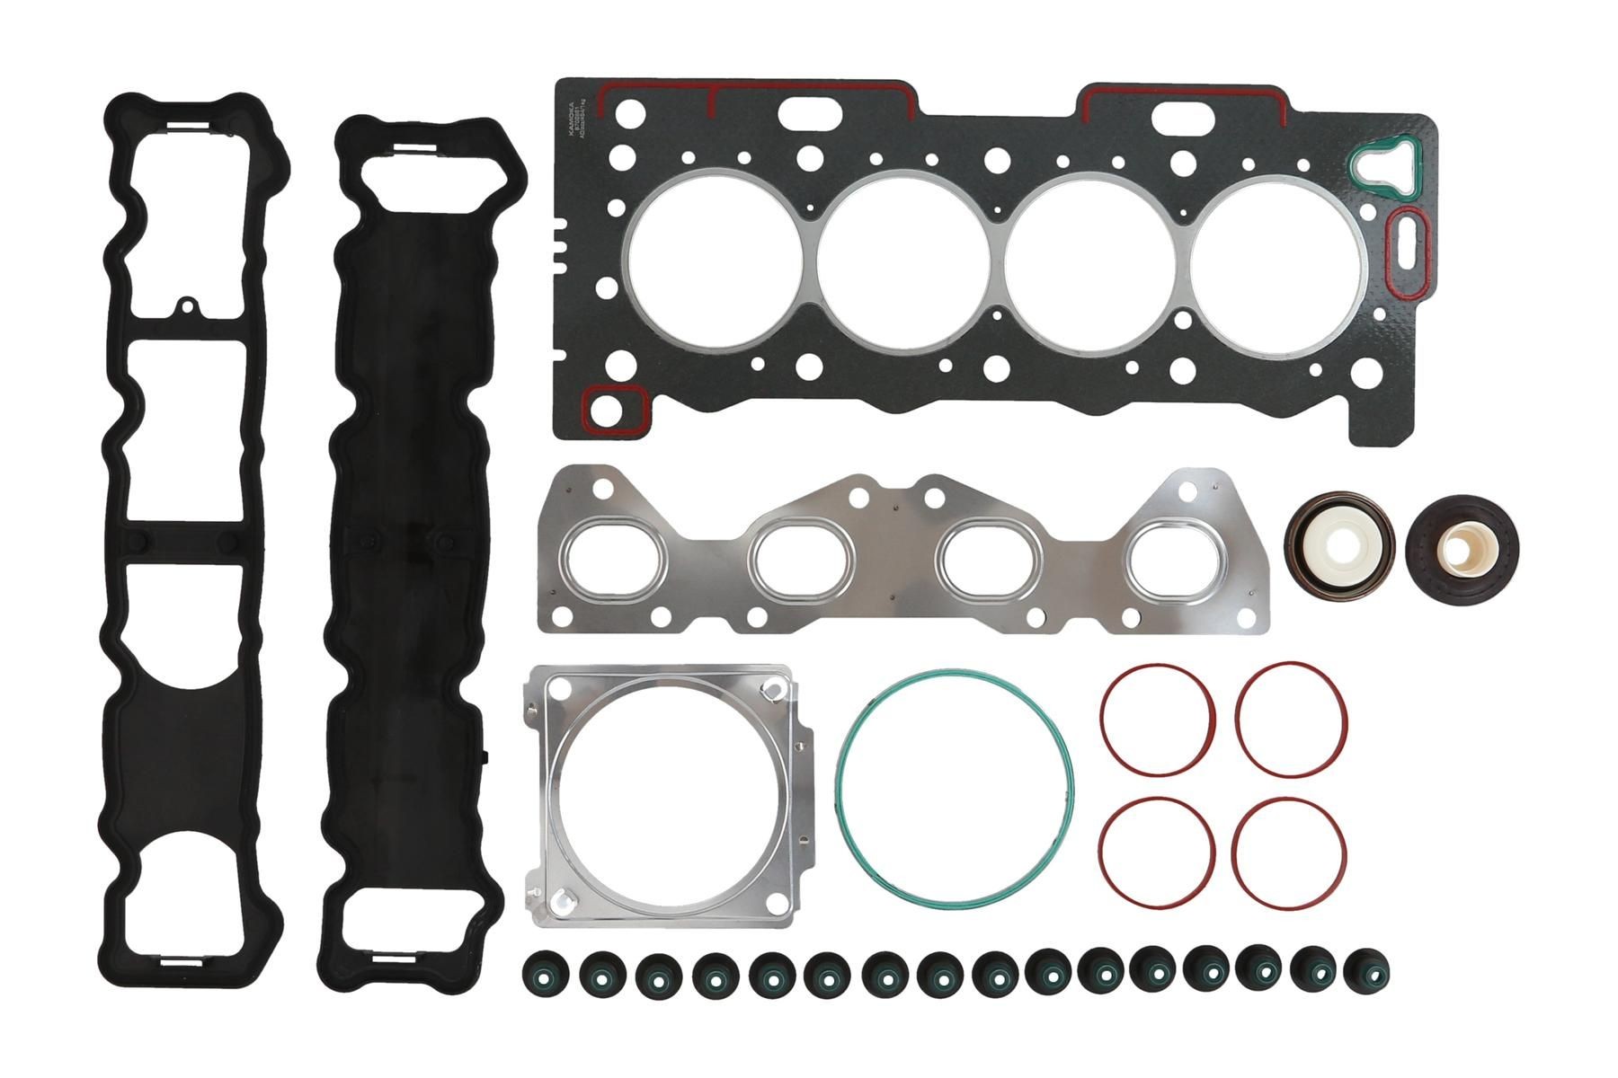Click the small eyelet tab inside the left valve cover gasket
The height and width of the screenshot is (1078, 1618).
187,308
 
